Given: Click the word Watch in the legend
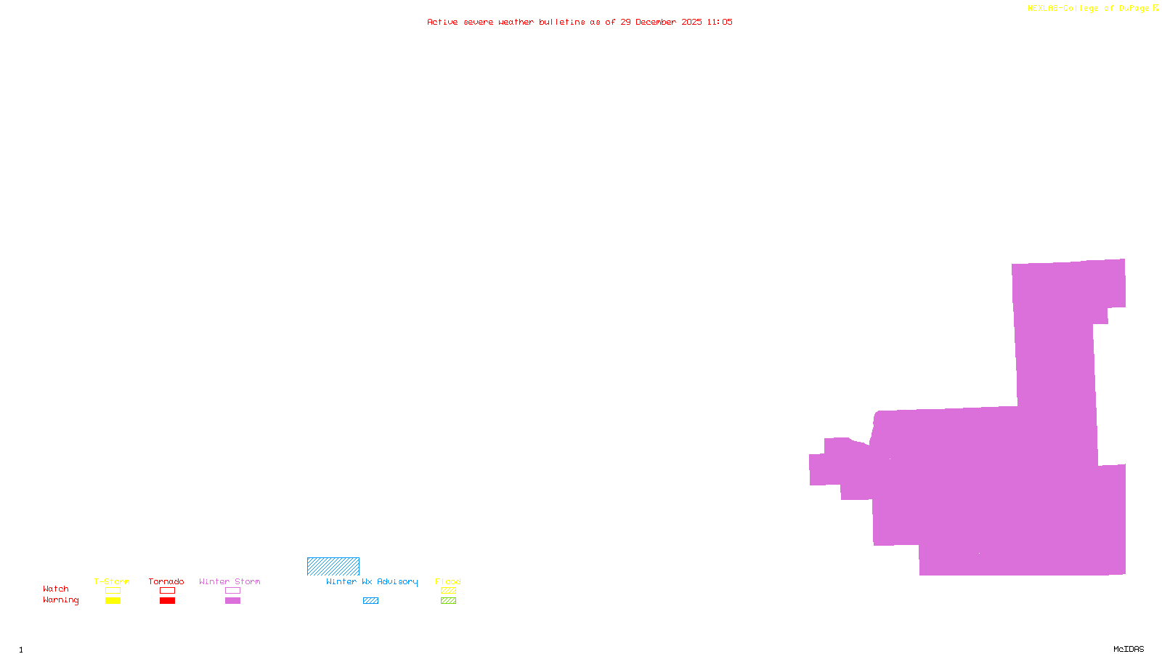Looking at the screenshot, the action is click(x=56, y=589).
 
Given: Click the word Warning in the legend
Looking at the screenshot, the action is click(x=61, y=600).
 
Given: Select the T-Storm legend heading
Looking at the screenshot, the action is click(x=112, y=581).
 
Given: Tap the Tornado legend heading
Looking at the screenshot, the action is click(x=166, y=581).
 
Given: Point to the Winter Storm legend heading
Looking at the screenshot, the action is click(x=229, y=581).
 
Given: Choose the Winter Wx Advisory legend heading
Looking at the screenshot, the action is click(x=372, y=581).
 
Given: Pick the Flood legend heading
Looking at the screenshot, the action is click(x=448, y=581).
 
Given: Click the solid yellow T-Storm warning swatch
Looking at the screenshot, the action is click(x=113, y=601).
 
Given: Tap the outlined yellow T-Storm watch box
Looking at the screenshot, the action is click(x=113, y=591).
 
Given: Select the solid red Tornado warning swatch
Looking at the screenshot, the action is click(x=168, y=601).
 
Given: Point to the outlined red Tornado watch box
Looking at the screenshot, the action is click(x=168, y=591).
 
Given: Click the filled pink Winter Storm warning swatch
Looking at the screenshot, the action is click(x=232, y=601).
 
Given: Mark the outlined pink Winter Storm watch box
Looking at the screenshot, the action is click(x=232, y=591).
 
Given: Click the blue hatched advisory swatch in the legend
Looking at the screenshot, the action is click(x=370, y=601).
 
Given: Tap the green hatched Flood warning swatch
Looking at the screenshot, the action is click(x=448, y=601).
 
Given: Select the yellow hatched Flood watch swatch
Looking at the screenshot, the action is click(x=448, y=591).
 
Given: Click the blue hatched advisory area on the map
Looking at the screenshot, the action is click(x=333, y=567).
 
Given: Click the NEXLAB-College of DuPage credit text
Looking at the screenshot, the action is click(x=1089, y=9).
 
